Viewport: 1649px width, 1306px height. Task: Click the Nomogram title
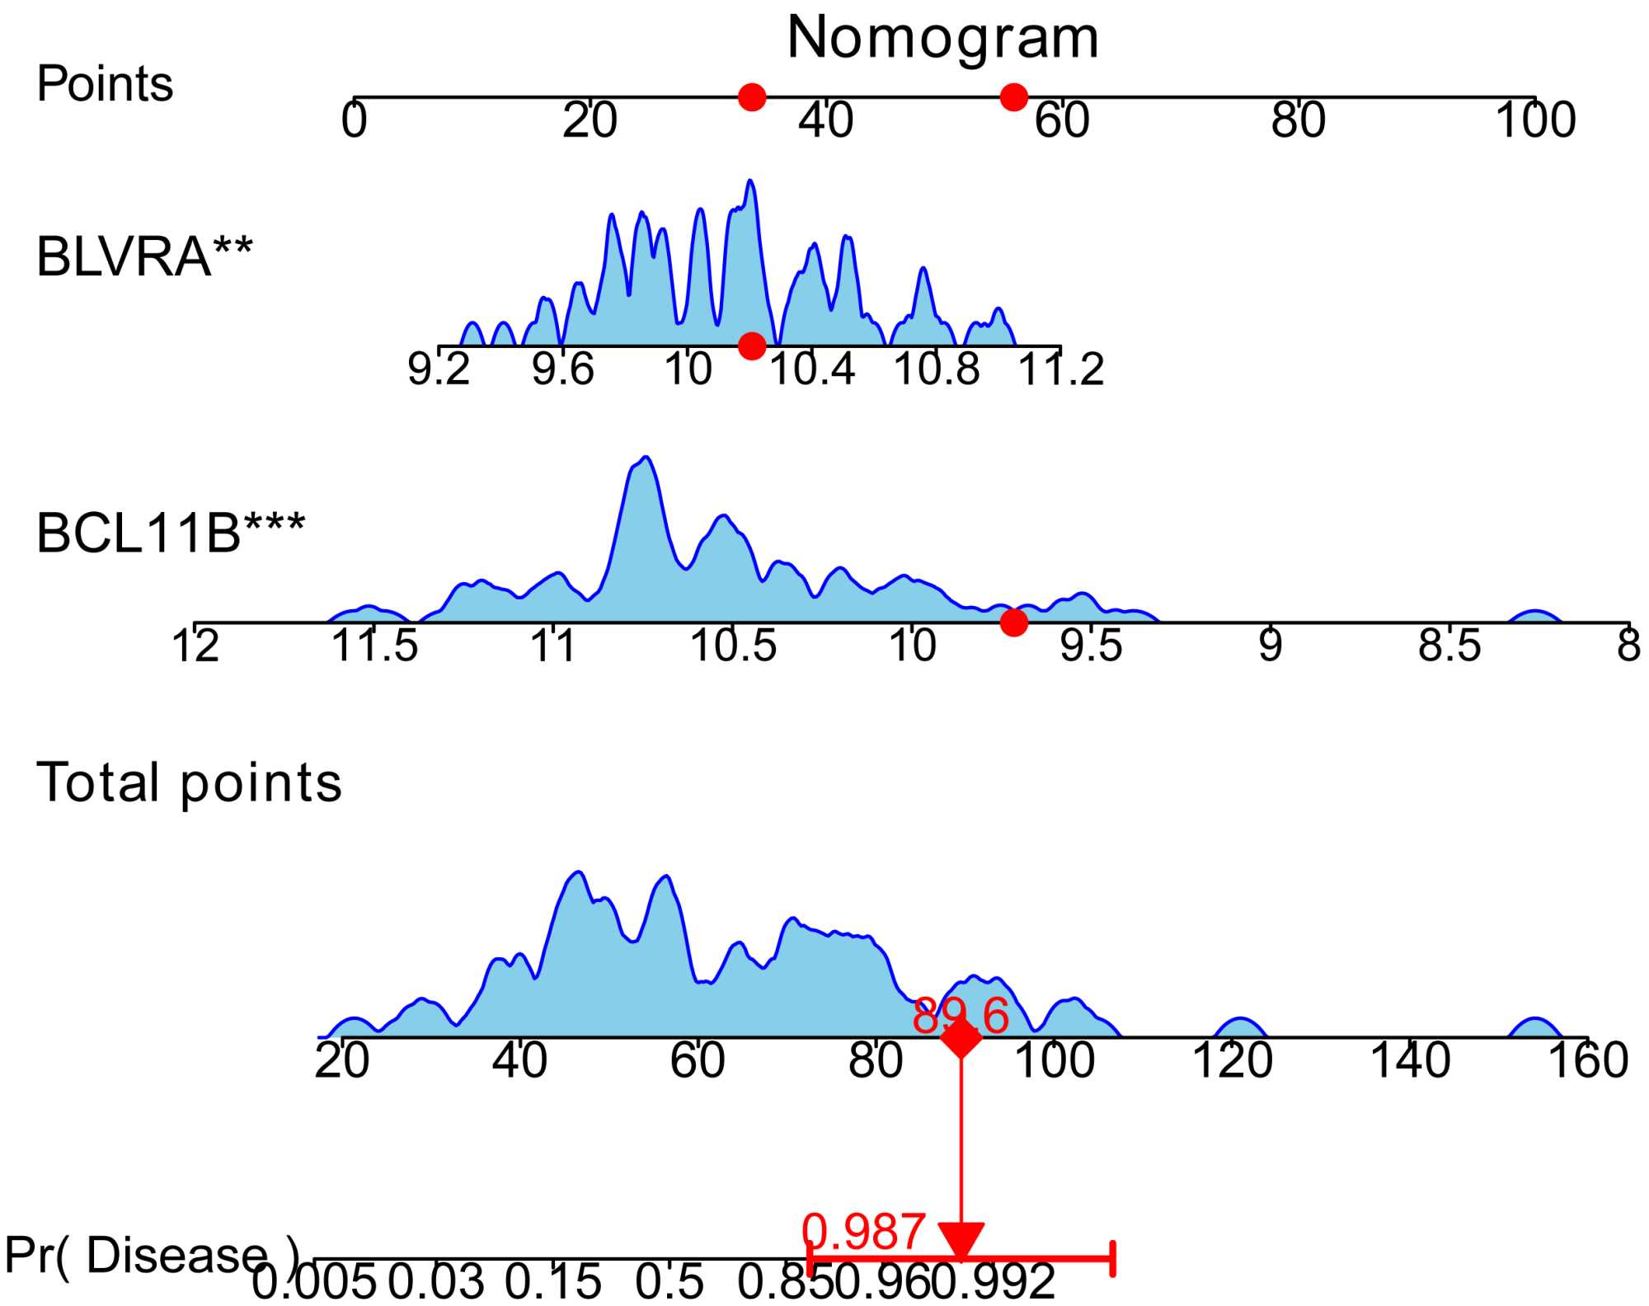coord(942,38)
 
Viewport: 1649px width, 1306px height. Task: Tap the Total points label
coord(189,782)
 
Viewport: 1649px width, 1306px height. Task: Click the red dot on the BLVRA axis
coord(751,345)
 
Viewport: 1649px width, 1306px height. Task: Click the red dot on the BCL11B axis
coord(1013,622)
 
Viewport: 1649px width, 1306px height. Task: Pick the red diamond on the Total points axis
coord(961,1037)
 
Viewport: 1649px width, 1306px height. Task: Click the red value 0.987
coord(863,1233)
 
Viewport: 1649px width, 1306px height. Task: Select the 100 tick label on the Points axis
coord(1535,120)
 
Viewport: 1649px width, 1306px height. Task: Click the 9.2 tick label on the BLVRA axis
coord(439,369)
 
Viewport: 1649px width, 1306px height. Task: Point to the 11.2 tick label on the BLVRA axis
coord(1061,369)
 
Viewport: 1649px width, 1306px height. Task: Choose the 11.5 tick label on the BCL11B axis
coord(374,646)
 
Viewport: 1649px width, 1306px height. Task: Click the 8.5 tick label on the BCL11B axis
coord(1449,646)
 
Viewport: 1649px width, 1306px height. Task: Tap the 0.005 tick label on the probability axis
coord(314,1283)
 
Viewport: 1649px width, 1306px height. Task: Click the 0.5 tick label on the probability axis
coord(669,1283)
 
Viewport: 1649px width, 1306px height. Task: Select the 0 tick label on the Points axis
coord(355,120)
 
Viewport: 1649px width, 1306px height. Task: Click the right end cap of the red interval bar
coord(1113,1259)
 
